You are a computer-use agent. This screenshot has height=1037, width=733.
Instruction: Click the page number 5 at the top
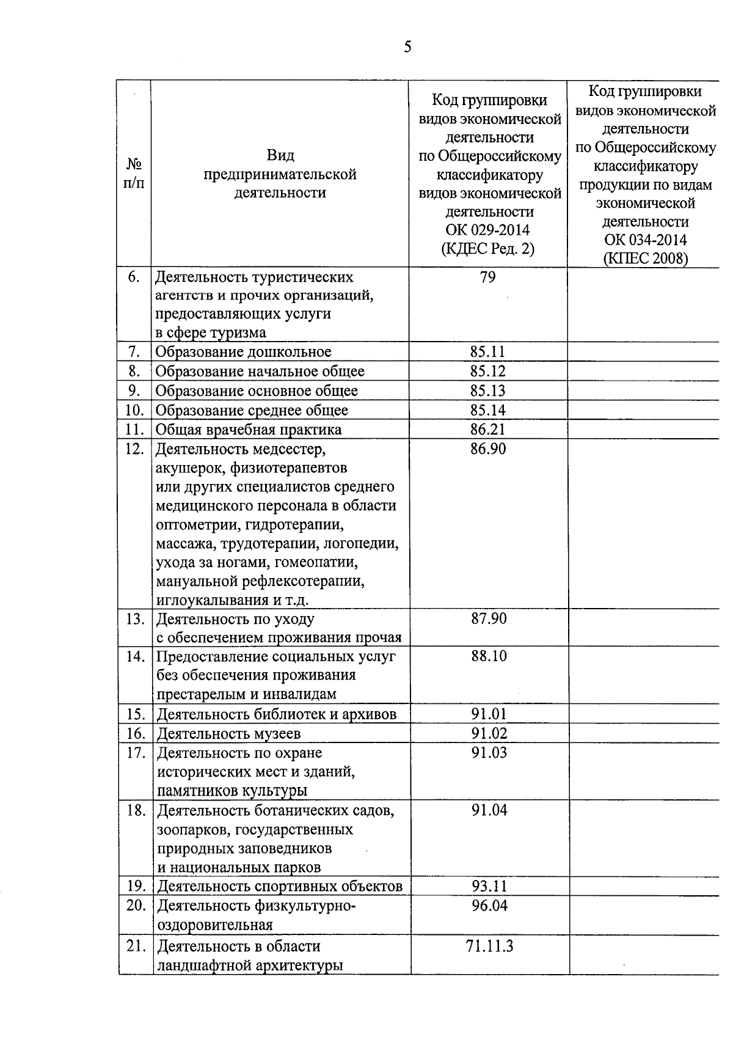407,47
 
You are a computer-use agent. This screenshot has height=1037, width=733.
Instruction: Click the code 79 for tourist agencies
488,277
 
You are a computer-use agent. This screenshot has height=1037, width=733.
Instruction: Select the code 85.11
488,352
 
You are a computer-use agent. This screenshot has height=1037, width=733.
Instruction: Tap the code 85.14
488,410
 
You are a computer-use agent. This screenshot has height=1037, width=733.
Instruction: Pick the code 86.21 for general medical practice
488,430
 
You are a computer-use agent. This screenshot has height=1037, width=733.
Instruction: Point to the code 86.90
488,449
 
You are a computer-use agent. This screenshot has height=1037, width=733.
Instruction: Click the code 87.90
489,619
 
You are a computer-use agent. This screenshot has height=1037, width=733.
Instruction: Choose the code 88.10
489,656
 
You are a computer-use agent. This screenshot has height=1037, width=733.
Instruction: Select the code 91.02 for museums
489,733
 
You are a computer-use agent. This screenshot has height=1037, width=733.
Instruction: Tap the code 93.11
489,886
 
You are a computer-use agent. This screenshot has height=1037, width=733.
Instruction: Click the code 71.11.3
489,947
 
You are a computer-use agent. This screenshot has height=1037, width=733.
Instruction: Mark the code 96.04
489,906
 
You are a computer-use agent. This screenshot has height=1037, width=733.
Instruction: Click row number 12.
134,449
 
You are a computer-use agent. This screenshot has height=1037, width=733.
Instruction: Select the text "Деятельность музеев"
229,733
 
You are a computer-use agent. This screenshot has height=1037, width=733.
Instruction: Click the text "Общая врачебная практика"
249,430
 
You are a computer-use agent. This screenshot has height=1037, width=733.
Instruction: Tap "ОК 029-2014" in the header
488,230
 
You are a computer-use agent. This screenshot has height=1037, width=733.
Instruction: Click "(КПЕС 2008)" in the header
646,258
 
